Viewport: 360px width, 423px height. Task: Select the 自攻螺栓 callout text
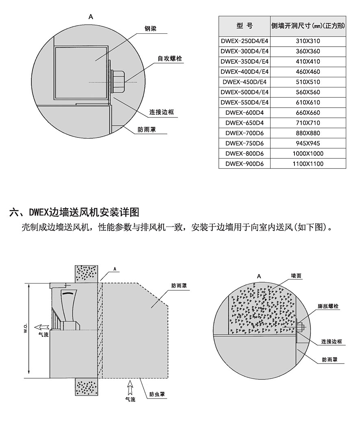[170, 59]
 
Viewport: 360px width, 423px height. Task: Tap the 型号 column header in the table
[244, 26]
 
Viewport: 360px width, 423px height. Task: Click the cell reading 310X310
[308, 41]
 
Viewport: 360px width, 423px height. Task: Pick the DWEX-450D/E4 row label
[244, 82]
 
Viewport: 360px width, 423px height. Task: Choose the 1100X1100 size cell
[308, 164]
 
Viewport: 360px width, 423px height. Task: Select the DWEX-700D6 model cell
[244, 133]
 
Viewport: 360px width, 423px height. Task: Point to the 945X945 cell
[308, 143]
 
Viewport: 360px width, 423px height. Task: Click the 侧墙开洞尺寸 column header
[308, 26]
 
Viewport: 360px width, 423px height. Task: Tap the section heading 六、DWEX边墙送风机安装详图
[74, 212]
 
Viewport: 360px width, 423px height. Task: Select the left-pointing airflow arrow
[41, 327]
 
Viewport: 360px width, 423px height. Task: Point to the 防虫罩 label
[157, 394]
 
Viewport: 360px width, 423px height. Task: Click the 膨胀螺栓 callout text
[328, 306]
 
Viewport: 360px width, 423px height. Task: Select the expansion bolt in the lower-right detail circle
[301, 327]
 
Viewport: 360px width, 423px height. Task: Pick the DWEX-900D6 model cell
[244, 164]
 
